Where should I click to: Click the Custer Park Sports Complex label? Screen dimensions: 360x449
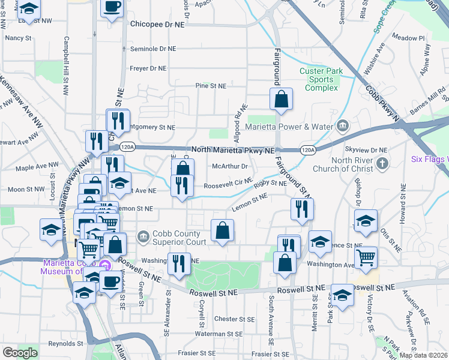coord(321,79)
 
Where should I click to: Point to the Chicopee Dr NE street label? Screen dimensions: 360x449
coord(158,25)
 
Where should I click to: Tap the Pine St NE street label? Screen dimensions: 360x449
coord(211,86)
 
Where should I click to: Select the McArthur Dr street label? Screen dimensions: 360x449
coord(231,167)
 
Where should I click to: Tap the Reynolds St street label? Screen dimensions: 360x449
coord(66,344)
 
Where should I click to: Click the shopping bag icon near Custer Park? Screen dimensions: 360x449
coord(281,100)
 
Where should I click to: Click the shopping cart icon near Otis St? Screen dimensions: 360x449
coord(366,258)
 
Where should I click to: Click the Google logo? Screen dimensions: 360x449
coord(19,353)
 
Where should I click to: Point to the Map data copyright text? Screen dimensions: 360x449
coord(423,355)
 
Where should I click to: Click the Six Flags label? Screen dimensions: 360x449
coord(429,159)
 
